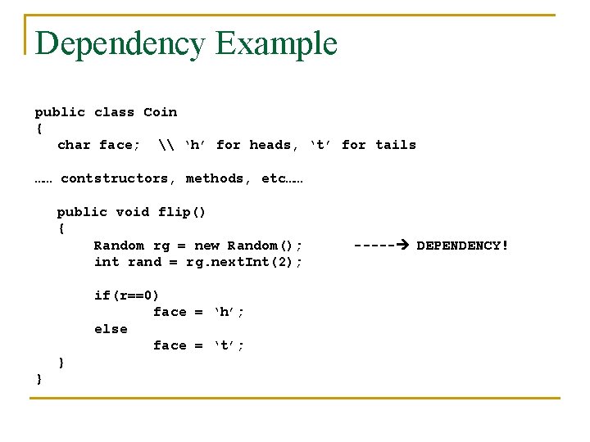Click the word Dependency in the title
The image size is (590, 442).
pos(120,43)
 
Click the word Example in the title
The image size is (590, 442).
pos(277,43)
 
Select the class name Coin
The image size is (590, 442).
pos(160,112)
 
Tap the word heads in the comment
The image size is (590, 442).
pos(270,145)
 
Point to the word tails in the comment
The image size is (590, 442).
pos(396,145)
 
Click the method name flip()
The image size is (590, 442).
pos(182,212)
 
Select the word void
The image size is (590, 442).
pos(133,212)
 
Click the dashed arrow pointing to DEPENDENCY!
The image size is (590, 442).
pos(380,245)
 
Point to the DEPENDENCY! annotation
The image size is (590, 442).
pos(463,245)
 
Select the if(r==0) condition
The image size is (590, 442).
pos(127,295)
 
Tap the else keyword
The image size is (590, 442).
pos(111,329)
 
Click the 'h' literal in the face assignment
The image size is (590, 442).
pos(229,312)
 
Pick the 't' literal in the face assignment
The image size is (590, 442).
pos(229,345)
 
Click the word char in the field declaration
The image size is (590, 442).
pos(74,145)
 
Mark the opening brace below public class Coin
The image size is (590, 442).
pos(39,129)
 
